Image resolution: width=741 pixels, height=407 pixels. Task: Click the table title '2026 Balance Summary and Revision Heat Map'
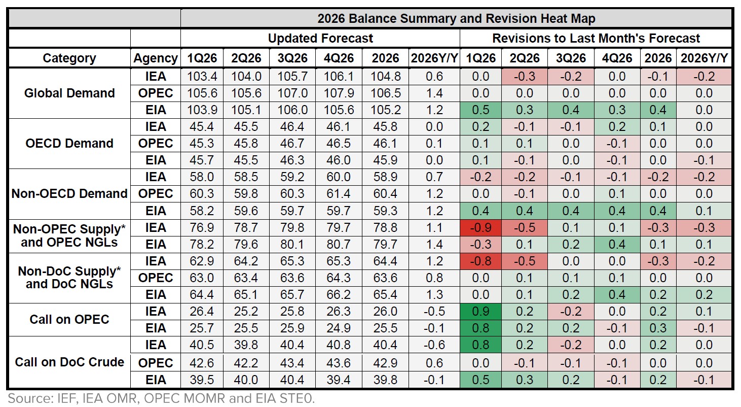[456, 19]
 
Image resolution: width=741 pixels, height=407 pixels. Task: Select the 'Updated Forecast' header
[320, 38]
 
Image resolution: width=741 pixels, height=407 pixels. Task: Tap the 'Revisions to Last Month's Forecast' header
[596, 38]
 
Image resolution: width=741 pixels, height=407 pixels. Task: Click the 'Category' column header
[69, 58]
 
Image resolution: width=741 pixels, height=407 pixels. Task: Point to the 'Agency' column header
[156, 58]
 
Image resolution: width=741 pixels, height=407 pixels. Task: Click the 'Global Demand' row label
[69, 93]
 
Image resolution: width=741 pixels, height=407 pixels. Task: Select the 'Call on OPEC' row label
[69, 319]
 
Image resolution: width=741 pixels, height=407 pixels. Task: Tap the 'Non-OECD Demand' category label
[69, 193]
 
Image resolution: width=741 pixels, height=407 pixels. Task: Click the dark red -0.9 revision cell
[480, 228]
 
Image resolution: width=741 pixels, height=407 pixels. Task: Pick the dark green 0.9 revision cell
[480, 311]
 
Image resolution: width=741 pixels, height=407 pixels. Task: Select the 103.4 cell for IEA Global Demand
[202, 77]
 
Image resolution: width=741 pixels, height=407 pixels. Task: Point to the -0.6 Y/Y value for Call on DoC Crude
[434, 345]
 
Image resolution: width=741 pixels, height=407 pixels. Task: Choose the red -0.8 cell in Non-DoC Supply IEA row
[480, 261]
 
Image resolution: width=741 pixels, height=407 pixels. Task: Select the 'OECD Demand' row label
[69, 143]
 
